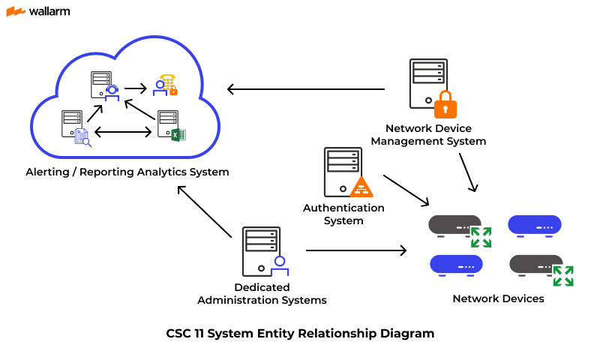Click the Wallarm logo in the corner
(39, 12)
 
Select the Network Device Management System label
(429, 135)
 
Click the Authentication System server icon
(340, 172)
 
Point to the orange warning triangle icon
(361, 187)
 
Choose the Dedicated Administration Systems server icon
(259, 253)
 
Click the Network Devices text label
(498, 298)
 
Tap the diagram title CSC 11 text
(300, 333)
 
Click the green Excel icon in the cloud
(178, 135)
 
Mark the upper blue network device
(535, 224)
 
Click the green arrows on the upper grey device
(481, 237)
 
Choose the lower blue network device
(456, 265)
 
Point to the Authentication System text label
(343, 214)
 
